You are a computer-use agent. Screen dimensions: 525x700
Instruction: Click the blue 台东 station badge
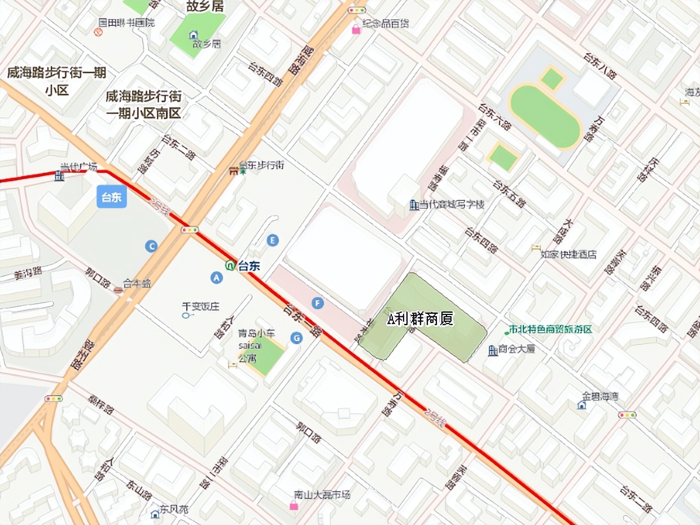point(111,197)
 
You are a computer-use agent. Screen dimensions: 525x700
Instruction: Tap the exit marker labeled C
point(151,246)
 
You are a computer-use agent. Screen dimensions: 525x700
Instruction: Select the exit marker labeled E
point(273,240)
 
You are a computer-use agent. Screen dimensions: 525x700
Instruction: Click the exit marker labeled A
point(216,277)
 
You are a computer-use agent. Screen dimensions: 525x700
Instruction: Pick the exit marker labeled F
point(318,304)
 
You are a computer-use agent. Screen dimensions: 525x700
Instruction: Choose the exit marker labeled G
point(296,338)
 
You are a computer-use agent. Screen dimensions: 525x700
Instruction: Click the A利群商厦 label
point(421,319)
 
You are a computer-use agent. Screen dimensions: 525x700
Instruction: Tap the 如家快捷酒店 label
point(568,255)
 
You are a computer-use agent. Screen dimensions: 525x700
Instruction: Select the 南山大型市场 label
point(322,495)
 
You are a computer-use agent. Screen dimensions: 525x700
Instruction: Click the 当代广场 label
point(79,167)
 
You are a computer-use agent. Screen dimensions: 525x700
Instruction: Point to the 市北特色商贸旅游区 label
point(550,329)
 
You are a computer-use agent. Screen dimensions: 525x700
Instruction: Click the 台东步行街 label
point(261,165)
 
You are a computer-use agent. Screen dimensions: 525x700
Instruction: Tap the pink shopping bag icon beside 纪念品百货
point(356,29)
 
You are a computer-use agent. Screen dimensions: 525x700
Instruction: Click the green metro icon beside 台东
point(230,266)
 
